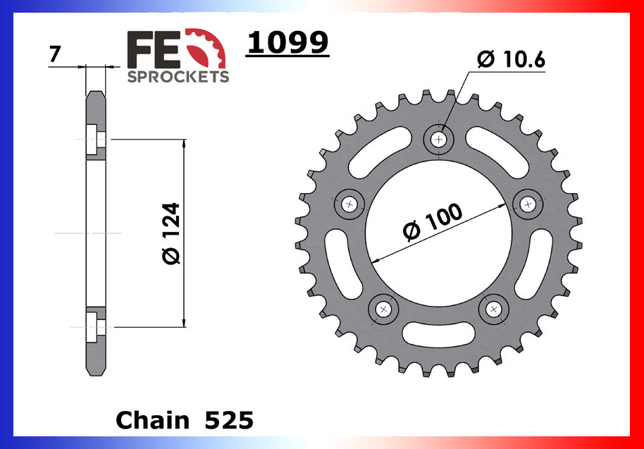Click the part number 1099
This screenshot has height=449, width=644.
[x=287, y=44]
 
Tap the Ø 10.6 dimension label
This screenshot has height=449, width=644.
[x=511, y=61]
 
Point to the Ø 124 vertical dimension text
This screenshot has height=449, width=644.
[x=171, y=233]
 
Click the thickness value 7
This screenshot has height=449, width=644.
[x=54, y=53]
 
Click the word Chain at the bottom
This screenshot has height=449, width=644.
[x=153, y=420]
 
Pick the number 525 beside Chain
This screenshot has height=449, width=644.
[x=227, y=420]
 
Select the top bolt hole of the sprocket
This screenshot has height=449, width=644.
[x=440, y=140]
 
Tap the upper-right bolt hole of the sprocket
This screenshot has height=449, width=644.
[x=528, y=204]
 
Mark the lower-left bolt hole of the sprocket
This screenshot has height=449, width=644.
[x=384, y=309]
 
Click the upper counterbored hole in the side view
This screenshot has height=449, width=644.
[x=96, y=140]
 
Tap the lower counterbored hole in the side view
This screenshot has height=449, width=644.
[x=96, y=326]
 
